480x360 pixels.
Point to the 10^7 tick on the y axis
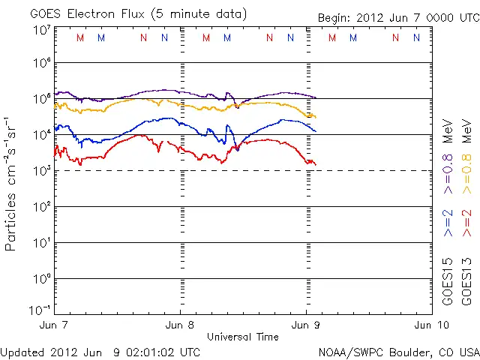point(41,29)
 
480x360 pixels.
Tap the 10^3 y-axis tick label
point(41,171)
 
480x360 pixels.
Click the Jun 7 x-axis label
point(55,325)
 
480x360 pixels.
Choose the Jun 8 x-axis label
point(180,325)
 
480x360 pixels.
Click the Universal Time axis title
point(242,337)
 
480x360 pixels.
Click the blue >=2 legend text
point(448,223)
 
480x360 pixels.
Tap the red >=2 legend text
point(466,223)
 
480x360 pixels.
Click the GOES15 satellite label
point(448,281)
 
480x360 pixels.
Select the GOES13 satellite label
point(466,281)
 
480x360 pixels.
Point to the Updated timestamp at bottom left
point(100,352)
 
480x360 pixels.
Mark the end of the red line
point(316,164)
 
